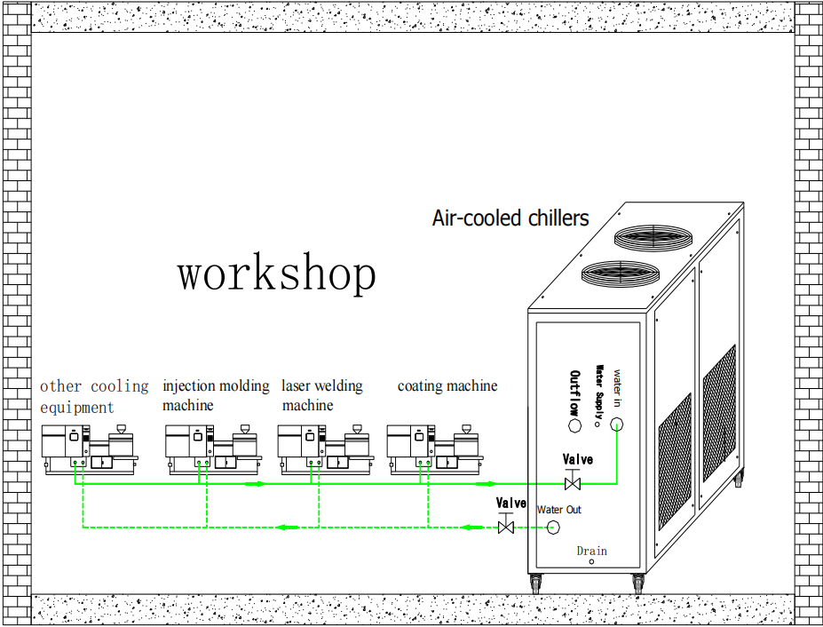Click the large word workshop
pyautogui.click(x=276, y=274)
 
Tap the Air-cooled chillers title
pyautogui.click(x=510, y=218)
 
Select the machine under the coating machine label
pyautogui.click(x=432, y=448)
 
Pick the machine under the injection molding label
pyautogui.click(x=212, y=448)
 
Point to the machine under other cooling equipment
pyautogui.click(x=88, y=448)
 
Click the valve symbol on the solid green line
pyautogui.click(x=573, y=484)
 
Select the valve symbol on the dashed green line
pyautogui.click(x=507, y=528)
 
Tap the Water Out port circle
pyautogui.click(x=552, y=528)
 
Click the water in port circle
pyautogui.click(x=618, y=425)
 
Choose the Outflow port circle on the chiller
pyautogui.click(x=575, y=427)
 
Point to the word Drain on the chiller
pyautogui.click(x=592, y=551)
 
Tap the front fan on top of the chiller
pyautogui.click(x=620, y=272)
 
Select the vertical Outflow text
pyautogui.click(x=575, y=393)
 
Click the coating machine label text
pyautogui.click(x=447, y=386)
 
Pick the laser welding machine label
pyautogui.click(x=321, y=396)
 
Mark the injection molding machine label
pyautogui.click(x=215, y=396)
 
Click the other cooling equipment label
pyautogui.click(x=93, y=397)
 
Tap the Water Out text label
pyautogui.click(x=559, y=510)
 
